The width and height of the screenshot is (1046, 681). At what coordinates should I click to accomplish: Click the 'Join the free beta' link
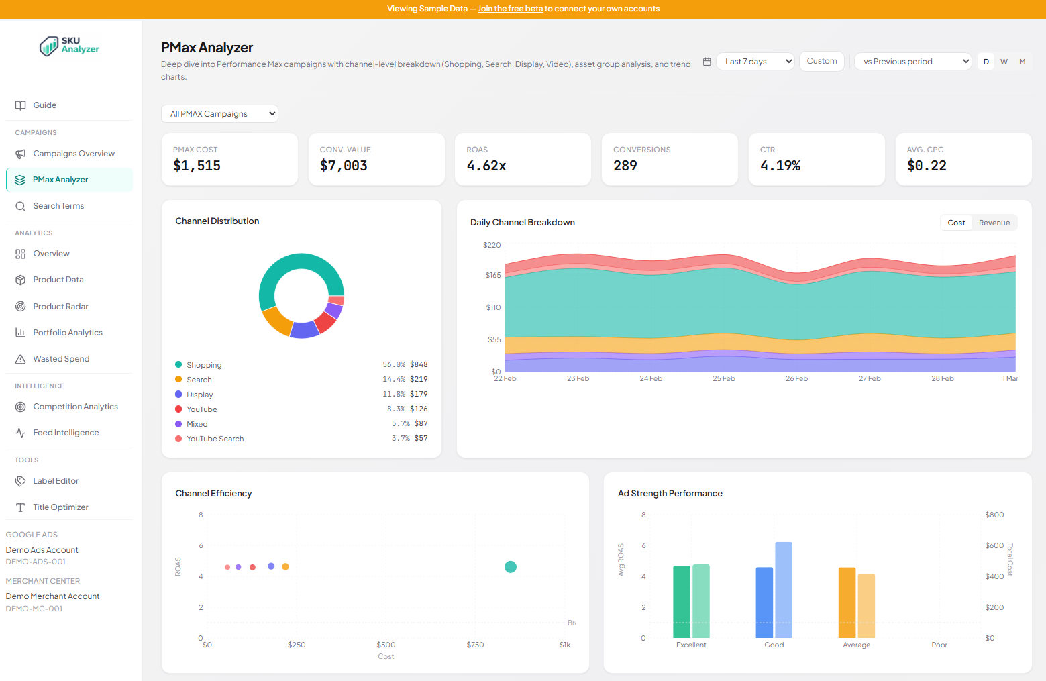510,9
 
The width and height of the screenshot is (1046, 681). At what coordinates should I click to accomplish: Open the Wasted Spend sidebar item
61,359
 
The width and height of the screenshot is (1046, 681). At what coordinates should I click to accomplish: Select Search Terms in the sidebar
58,206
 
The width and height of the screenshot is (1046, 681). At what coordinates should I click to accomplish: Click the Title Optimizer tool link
60,507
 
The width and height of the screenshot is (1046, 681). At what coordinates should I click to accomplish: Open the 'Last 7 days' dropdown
755,62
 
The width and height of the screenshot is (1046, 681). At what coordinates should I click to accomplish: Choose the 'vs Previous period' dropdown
912,62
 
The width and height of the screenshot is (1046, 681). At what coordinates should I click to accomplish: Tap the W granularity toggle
1004,62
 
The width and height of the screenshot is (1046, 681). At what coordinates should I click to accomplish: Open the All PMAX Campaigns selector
219,114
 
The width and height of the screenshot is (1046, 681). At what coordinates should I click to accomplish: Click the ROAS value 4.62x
486,166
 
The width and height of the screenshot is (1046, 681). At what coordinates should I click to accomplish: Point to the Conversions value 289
625,166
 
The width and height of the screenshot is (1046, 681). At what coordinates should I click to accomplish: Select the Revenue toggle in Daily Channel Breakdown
994,223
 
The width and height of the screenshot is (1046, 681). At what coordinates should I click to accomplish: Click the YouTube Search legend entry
215,439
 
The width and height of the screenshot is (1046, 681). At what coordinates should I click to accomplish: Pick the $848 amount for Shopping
419,365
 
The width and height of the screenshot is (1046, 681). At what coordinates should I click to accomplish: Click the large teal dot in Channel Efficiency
511,567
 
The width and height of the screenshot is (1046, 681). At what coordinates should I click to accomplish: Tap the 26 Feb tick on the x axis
796,379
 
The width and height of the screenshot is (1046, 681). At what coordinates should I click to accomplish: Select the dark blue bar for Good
764,603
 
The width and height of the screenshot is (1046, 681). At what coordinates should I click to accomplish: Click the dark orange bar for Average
847,603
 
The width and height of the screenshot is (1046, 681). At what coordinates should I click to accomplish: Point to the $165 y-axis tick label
493,275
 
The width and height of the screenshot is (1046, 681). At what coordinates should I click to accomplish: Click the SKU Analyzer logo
70,46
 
